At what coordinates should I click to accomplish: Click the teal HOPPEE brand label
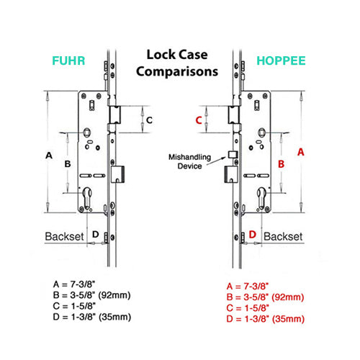(282, 60)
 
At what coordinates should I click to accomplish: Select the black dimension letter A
(49, 155)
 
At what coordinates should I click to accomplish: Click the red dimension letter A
(302, 152)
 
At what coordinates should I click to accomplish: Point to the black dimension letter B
(68, 164)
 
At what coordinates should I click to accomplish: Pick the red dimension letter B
(282, 164)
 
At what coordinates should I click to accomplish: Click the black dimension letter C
(150, 119)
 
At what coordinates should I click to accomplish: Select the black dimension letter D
(95, 234)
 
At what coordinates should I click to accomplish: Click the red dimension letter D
(253, 234)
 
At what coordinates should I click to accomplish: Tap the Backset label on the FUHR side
(65, 235)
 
